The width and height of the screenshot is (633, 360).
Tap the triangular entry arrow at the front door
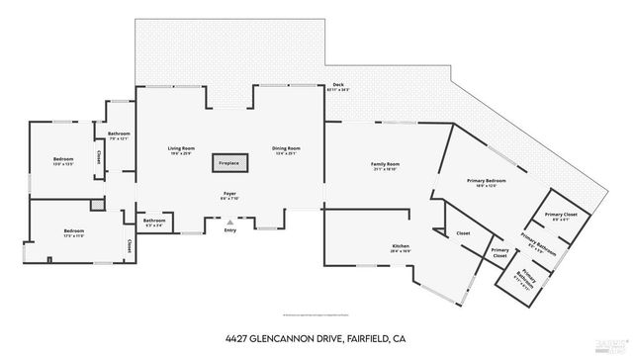tap(230, 221)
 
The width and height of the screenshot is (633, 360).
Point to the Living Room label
tap(181, 149)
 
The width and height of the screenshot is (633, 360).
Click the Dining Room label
tap(286, 149)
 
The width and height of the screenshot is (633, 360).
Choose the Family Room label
tap(385, 165)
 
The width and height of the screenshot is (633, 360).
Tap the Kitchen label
tap(401, 248)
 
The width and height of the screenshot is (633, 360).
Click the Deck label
tap(338, 86)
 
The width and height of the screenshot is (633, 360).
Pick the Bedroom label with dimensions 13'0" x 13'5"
tap(63, 161)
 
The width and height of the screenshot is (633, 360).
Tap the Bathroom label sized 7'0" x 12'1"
tap(119, 135)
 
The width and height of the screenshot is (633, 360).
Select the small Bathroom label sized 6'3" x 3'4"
tap(153, 222)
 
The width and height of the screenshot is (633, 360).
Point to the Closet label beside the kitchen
tap(462, 234)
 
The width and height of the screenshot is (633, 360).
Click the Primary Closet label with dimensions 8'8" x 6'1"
tap(559, 216)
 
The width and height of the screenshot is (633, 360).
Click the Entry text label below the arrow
tap(230, 231)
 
